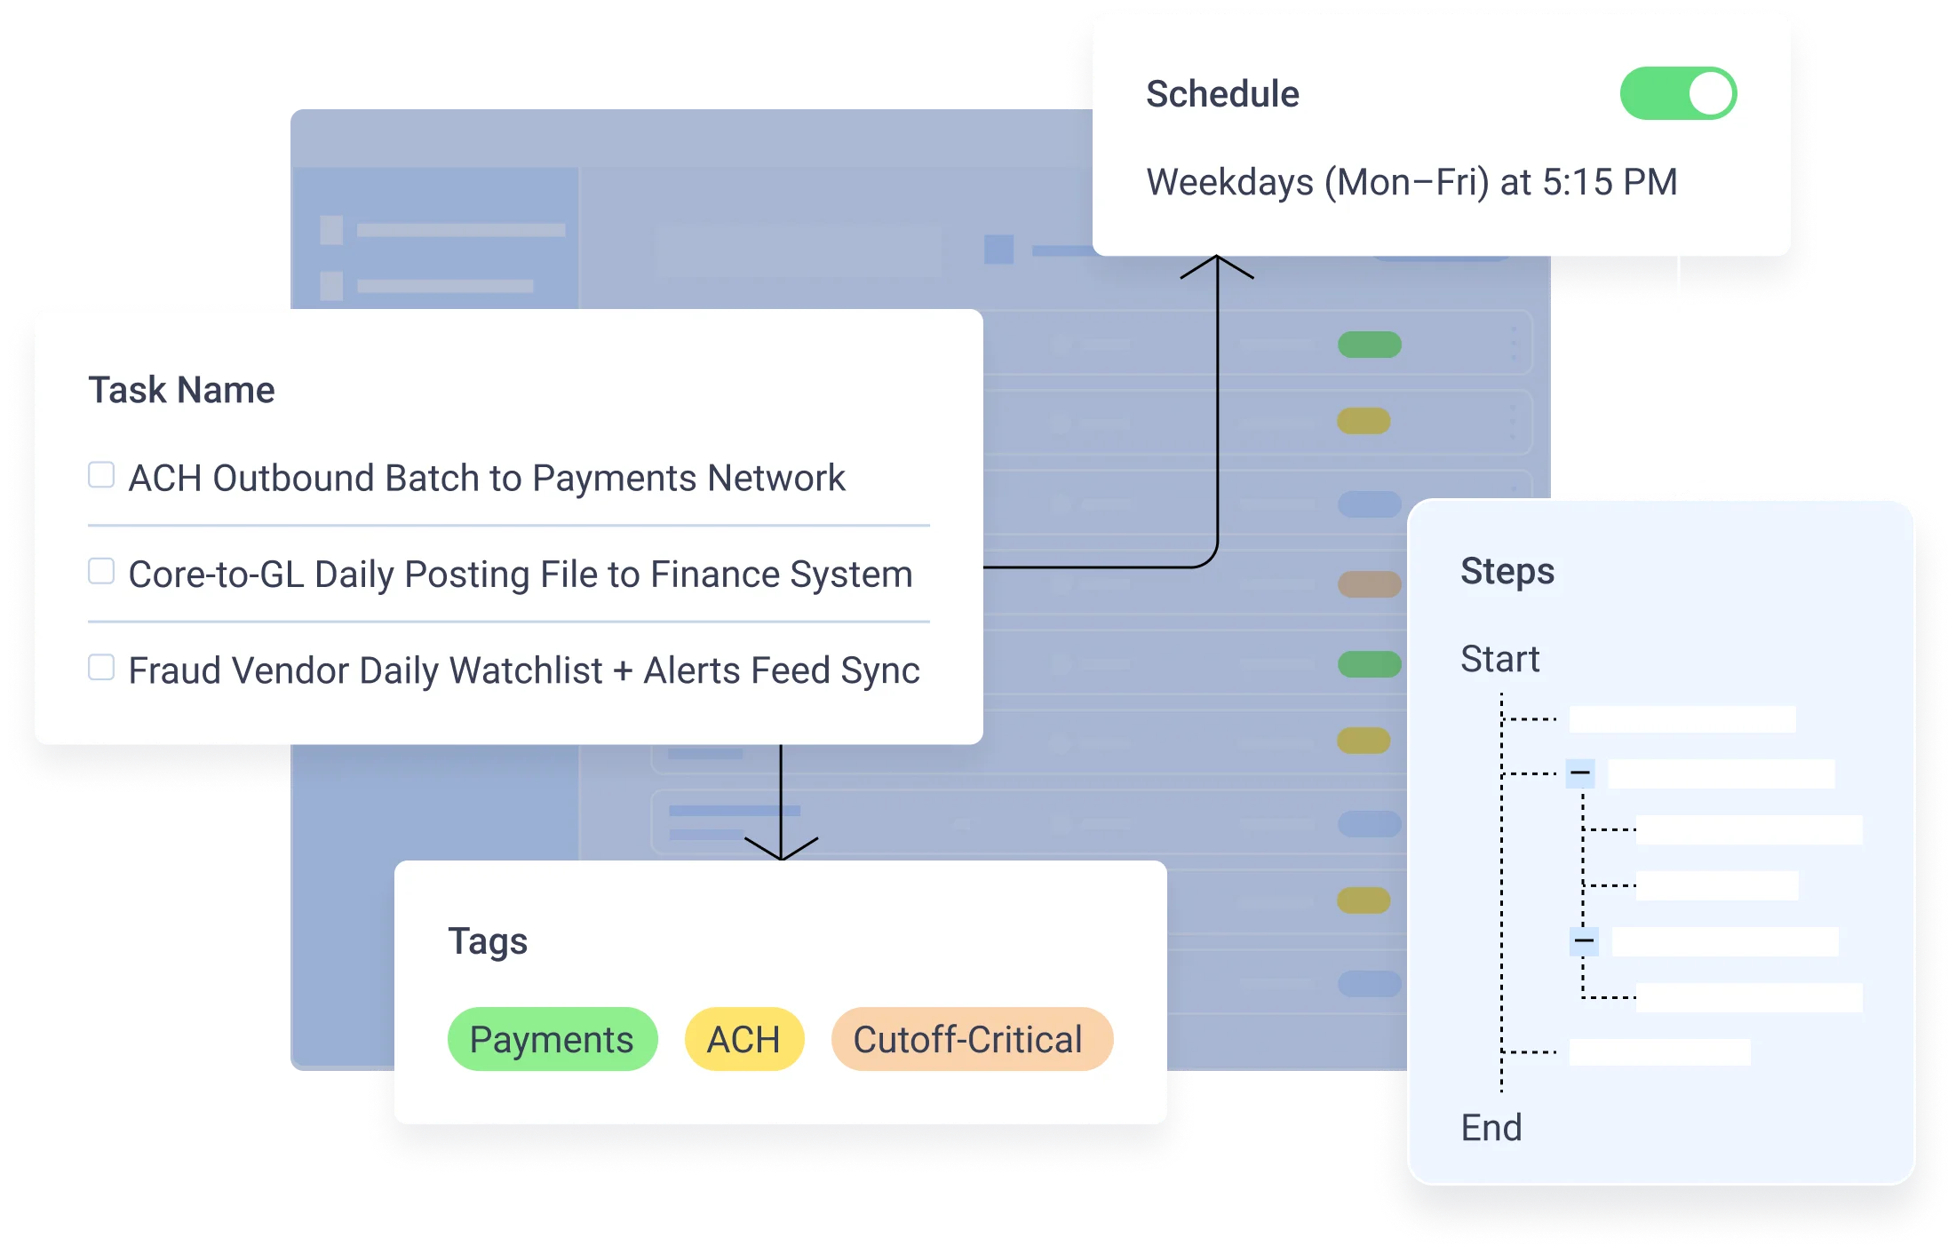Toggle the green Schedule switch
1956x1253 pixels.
pos(1678,93)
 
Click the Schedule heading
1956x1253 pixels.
pos(1222,94)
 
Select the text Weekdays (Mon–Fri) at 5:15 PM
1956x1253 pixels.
pos(1411,182)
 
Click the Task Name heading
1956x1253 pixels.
pos(181,390)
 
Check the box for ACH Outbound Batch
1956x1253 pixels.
pos(101,475)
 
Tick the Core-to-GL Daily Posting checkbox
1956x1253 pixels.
pos(101,571)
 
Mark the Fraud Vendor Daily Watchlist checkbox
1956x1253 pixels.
pos(101,667)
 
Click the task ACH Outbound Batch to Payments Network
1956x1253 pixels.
pos(487,478)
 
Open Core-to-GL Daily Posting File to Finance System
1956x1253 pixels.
pos(520,575)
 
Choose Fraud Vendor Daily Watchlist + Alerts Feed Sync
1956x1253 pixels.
pos(523,670)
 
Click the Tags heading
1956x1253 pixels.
pos(487,940)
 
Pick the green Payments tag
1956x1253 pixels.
pos(552,1039)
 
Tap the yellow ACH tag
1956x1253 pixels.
pos(743,1039)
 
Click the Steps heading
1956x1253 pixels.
pos(1507,571)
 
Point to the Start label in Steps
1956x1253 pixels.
pos(1499,659)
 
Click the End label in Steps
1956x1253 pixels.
pos(1491,1128)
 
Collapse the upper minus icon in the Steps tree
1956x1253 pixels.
pos(1580,773)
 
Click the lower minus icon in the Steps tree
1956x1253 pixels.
pos(1584,940)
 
